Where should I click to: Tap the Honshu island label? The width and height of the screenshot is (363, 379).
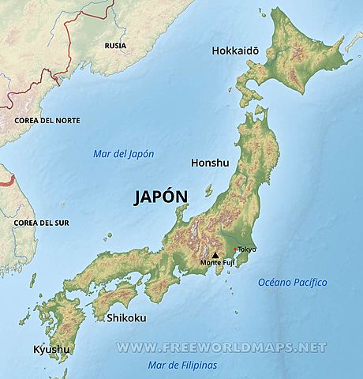click(x=210, y=163)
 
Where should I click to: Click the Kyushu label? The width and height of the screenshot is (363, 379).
click(x=51, y=349)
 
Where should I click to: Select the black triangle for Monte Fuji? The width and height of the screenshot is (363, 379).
click(x=214, y=255)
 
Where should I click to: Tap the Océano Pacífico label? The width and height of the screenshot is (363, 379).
click(x=293, y=282)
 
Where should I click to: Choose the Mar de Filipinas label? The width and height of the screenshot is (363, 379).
click(x=182, y=365)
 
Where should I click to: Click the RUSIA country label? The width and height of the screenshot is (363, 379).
click(x=116, y=46)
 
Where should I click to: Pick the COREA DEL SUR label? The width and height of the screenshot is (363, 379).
click(x=41, y=223)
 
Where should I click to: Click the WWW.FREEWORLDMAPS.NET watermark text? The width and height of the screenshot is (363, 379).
click(x=221, y=347)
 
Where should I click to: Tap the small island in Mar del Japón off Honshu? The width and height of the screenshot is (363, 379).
click(x=208, y=190)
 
